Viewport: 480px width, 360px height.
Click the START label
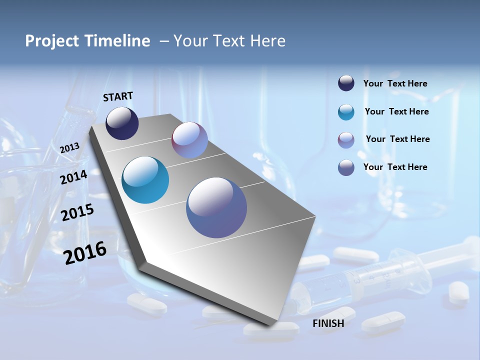(x=118, y=96)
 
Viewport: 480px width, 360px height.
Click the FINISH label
(x=328, y=323)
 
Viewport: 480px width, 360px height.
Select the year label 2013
(x=69, y=147)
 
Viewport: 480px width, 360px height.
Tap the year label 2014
(x=73, y=177)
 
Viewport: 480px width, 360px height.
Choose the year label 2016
(x=85, y=253)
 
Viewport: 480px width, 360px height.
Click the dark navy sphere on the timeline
(x=122, y=123)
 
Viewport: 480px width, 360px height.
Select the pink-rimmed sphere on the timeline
(x=189, y=140)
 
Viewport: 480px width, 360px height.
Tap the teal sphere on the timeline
(x=145, y=180)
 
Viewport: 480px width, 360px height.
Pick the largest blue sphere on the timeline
(x=216, y=207)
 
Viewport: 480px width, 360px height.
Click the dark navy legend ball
(x=346, y=83)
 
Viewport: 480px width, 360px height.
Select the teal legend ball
(x=346, y=112)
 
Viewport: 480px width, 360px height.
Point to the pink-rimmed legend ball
(x=346, y=140)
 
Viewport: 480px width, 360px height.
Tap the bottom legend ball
(x=346, y=167)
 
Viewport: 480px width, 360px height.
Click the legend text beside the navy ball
(x=395, y=83)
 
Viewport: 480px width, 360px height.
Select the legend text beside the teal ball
(x=396, y=111)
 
